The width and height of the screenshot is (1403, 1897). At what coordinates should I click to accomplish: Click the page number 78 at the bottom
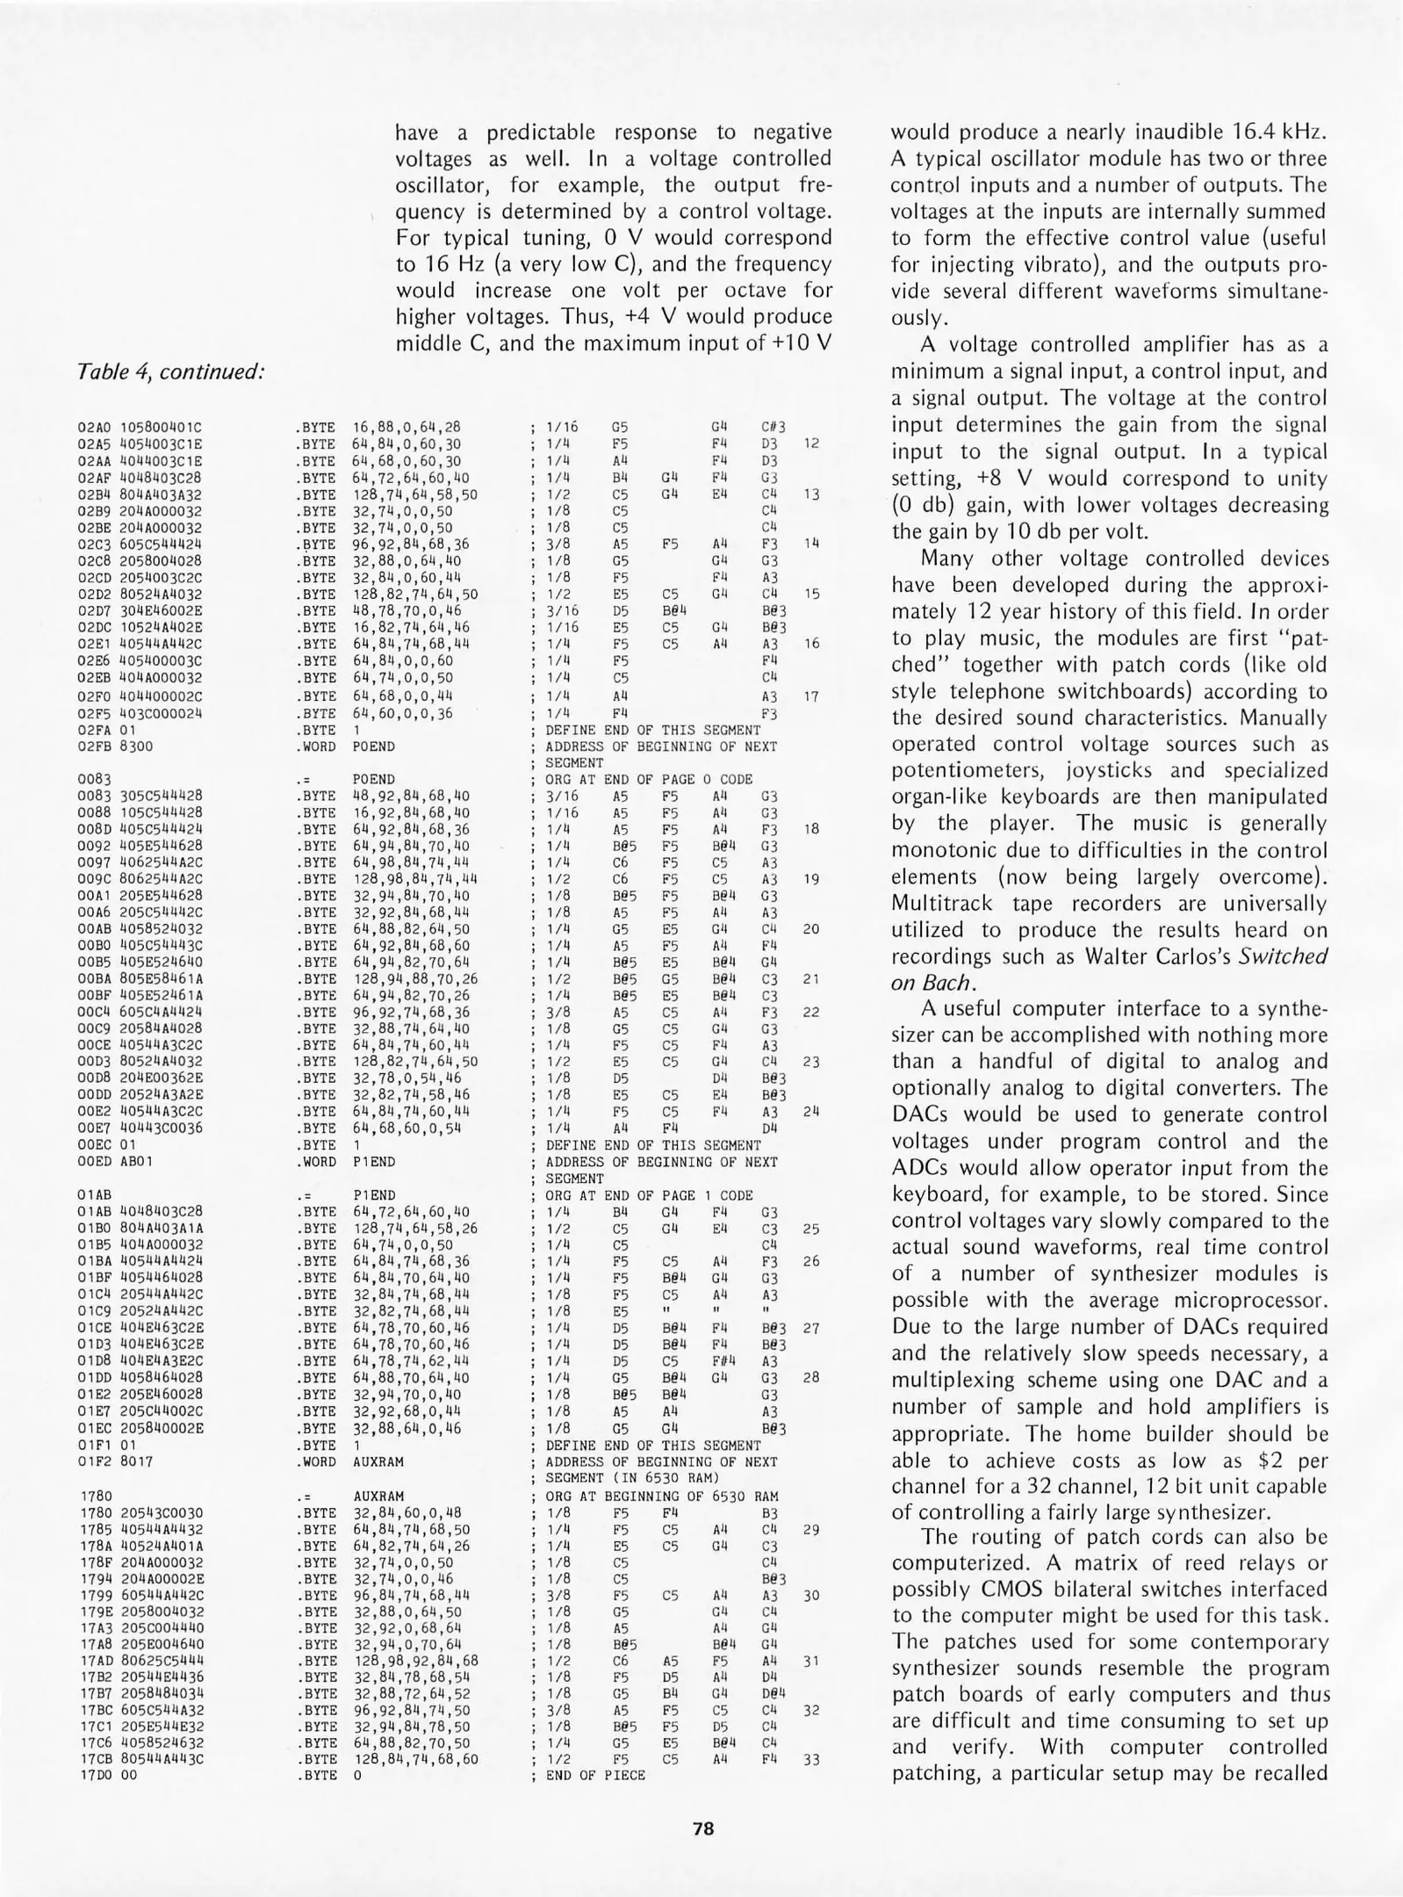702,1828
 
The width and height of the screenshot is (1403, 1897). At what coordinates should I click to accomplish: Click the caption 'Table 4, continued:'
171,371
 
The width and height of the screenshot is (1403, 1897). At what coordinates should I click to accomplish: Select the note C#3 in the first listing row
773,428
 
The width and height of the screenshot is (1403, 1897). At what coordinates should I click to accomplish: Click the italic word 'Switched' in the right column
1283,956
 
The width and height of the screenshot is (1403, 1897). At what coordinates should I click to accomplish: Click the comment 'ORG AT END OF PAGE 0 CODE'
649,779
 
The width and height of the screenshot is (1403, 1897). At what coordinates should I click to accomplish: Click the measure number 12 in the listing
811,444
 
